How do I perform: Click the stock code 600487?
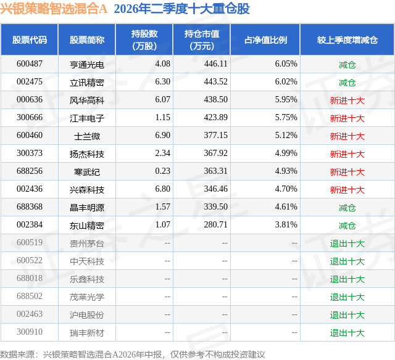pyautogui.click(x=30, y=64)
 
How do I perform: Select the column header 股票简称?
pyautogui.click(x=87, y=39)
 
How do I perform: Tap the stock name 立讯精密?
pyautogui.click(x=87, y=82)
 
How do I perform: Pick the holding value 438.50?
pyautogui.click(x=215, y=100)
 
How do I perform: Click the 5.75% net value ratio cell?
pyautogui.click(x=286, y=118)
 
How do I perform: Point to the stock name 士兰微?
pyautogui.click(x=87, y=136)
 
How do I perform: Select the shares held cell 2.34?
pyautogui.click(x=163, y=153)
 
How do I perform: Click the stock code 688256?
pyautogui.click(x=30, y=171)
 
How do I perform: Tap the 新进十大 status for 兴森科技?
pyautogui.click(x=347, y=190)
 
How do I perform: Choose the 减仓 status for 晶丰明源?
pyautogui.click(x=347, y=208)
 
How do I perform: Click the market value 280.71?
pyautogui.click(x=215, y=224)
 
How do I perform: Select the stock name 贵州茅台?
pyautogui.click(x=87, y=243)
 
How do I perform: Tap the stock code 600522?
pyautogui.click(x=30, y=260)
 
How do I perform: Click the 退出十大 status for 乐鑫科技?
pyautogui.click(x=347, y=279)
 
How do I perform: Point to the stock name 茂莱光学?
pyautogui.click(x=87, y=297)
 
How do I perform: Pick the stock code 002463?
pyautogui.click(x=30, y=314)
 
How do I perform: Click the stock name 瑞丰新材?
pyautogui.click(x=87, y=333)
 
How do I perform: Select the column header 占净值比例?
pyautogui.click(x=265, y=39)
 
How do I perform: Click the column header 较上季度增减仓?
pyautogui.click(x=347, y=39)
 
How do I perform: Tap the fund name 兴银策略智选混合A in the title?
pyautogui.click(x=54, y=9)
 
